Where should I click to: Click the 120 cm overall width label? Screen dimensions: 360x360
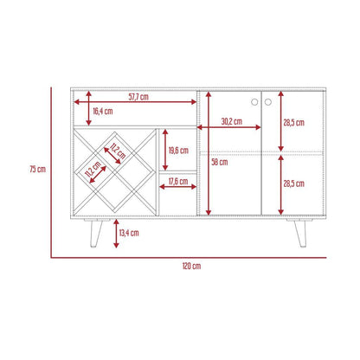tap(191, 266)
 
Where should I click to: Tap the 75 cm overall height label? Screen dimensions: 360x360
tap(38, 169)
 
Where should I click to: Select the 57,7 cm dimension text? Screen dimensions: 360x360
tap(138, 97)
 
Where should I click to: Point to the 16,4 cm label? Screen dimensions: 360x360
tap(103, 111)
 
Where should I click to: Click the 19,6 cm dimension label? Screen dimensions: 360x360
tap(178, 151)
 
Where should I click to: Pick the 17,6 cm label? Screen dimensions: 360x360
tap(178, 181)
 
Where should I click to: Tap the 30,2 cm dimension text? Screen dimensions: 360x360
tap(232, 121)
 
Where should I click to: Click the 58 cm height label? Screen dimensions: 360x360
tap(220, 162)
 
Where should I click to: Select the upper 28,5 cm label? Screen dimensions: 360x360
tap(293, 123)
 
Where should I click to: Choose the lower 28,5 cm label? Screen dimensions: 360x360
tap(293, 183)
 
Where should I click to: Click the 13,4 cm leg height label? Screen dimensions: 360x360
tap(129, 233)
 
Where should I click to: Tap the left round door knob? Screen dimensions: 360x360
tap(254, 102)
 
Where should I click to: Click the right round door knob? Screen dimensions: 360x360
tap(268, 102)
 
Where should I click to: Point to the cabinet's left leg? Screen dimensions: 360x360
tap(95, 233)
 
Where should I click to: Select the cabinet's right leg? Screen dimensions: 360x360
tap(300, 233)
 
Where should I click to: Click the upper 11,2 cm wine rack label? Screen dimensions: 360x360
tap(118, 151)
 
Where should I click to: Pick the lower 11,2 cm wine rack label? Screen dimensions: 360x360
tap(93, 170)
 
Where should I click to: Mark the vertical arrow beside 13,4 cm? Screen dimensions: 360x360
tap(116, 234)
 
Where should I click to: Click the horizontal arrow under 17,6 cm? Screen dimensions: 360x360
tap(178, 187)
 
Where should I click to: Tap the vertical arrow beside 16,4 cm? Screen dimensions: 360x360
tap(89, 108)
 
